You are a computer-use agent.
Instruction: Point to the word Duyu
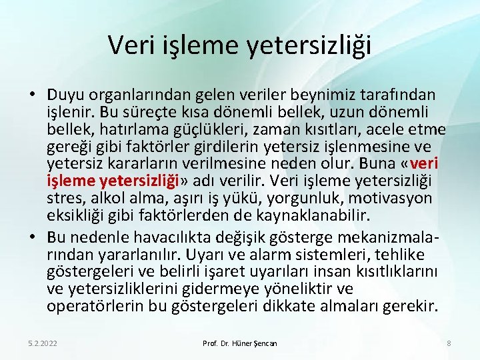tap(65, 95)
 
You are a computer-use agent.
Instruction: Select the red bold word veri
tap(423, 164)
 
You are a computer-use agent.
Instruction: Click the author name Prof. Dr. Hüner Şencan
tap(240, 343)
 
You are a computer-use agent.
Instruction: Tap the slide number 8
tap(449, 343)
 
